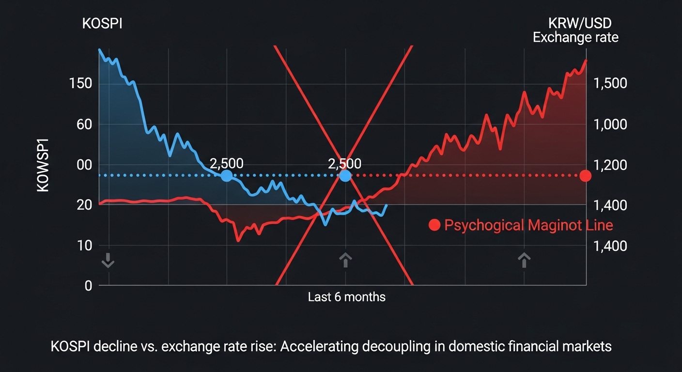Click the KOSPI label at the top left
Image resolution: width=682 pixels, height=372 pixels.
[x=102, y=23]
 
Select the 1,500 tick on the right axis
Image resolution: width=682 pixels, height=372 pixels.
[x=610, y=83]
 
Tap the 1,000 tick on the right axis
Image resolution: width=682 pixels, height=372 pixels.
[x=610, y=124]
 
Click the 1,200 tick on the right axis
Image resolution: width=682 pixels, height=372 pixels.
[x=610, y=165]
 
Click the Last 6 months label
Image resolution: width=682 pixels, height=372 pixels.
[x=347, y=296]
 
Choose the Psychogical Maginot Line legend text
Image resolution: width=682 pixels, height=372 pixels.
[x=528, y=225]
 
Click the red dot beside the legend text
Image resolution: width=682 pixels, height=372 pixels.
[x=434, y=225]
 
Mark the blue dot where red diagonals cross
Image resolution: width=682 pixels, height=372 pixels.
[x=345, y=176]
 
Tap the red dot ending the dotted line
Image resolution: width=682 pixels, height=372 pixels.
[x=586, y=175]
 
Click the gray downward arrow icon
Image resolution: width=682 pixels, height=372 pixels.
[x=108, y=260]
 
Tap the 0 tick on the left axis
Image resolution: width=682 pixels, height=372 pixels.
[x=88, y=286]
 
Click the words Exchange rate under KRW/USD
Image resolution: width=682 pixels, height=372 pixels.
[x=575, y=37]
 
